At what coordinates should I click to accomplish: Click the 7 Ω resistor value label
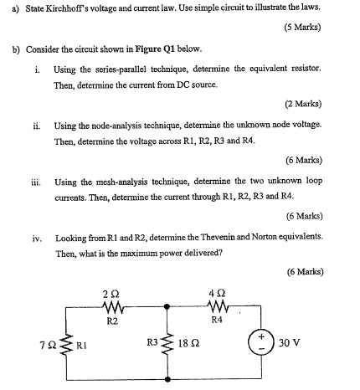[48, 343]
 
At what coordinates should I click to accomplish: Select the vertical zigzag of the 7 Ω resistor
[64, 342]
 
